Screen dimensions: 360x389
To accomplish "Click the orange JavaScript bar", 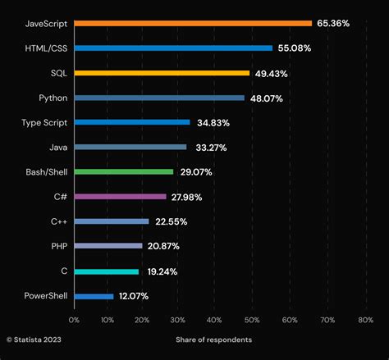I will point(193,23).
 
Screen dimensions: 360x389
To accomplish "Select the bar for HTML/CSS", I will point(173,48).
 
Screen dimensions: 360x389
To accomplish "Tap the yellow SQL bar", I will point(162,73).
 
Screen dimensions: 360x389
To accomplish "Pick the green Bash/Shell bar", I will point(124,171).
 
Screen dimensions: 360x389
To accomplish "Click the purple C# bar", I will point(121,197).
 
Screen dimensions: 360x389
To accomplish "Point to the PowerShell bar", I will point(94,295).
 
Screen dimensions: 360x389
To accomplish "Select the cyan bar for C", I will point(107,271).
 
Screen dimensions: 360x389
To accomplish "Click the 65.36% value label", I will point(333,23).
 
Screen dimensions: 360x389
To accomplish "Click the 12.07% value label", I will point(135,295).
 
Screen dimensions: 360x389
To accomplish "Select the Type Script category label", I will point(44,122).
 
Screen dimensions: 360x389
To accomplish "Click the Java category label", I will point(57,147).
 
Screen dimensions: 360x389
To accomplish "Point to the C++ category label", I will point(58,221).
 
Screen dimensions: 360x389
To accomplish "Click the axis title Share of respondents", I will point(213,339).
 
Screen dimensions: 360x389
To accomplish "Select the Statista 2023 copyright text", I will point(34,339).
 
